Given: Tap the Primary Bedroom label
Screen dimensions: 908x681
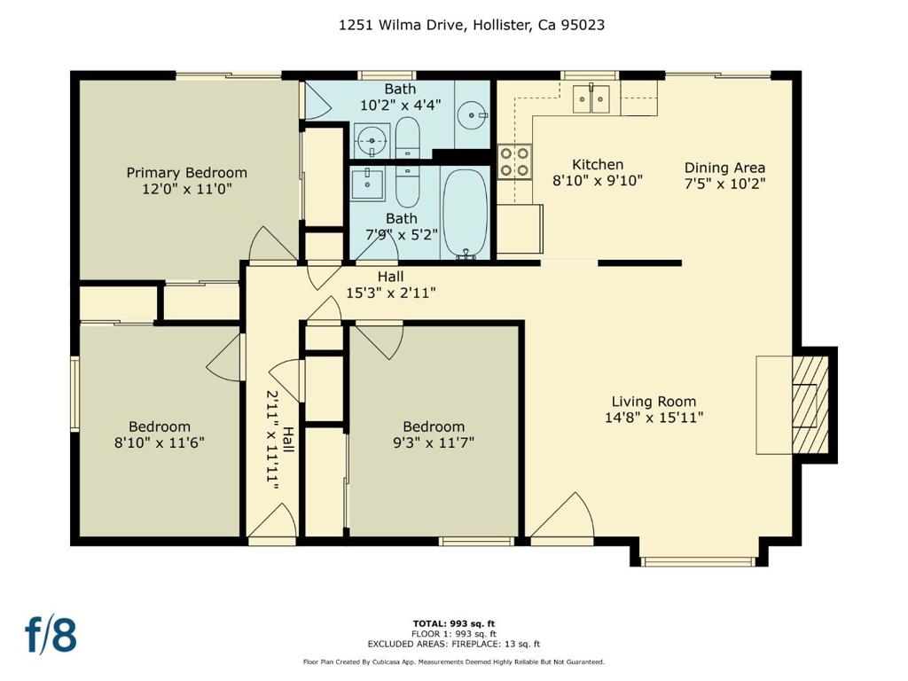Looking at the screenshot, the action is pyautogui.click(x=186, y=173).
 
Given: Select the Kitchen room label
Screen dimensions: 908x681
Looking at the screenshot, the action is pyautogui.click(x=598, y=164).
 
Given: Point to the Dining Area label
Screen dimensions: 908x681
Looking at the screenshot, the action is pyautogui.click(x=724, y=168).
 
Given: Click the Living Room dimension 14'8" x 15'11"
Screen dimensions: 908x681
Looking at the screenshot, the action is pyautogui.click(x=654, y=418).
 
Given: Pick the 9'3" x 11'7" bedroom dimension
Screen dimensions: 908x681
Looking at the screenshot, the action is pyautogui.click(x=433, y=443).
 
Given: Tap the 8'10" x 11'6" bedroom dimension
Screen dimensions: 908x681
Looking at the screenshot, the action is pyautogui.click(x=160, y=443).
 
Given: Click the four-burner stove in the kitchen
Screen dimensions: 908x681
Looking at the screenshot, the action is pyautogui.click(x=515, y=161).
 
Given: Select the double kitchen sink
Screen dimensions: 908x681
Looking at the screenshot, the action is pyautogui.click(x=591, y=99).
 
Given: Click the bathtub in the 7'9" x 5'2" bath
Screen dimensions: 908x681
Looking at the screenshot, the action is pyautogui.click(x=465, y=213).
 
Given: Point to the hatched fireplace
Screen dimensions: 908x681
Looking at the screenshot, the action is pyautogui.click(x=810, y=404).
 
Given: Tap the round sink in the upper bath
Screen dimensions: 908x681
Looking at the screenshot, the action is pyautogui.click(x=473, y=116).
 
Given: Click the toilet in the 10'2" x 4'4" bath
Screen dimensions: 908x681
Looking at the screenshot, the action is pyautogui.click(x=407, y=137).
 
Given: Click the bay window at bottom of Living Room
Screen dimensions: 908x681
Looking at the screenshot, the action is pyautogui.click(x=699, y=561).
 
